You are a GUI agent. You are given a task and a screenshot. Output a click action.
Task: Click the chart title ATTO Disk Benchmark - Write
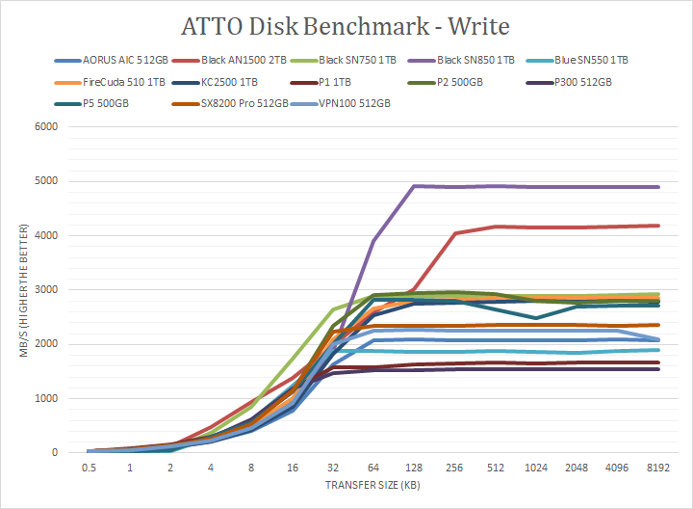tap(346, 24)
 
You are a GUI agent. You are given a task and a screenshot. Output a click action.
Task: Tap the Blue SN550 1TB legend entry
tap(590, 60)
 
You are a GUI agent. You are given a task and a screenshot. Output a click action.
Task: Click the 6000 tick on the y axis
tap(45, 126)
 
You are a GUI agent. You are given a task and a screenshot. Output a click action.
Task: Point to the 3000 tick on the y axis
tap(45, 289)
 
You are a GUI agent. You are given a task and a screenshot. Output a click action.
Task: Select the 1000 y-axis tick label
tap(45, 398)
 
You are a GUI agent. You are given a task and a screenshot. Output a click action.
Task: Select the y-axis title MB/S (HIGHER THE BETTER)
tap(15, 289)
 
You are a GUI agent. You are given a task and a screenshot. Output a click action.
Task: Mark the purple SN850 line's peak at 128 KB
tap(413, 186)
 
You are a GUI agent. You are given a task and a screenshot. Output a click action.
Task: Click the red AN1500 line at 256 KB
tap(454, 233)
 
